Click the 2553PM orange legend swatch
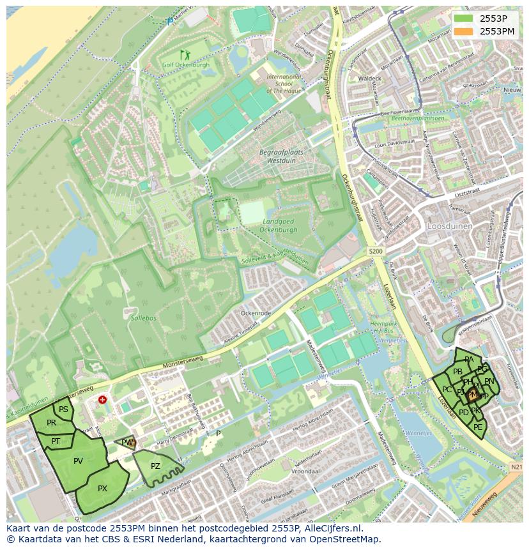464,31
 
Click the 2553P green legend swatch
464,19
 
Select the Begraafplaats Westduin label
281,157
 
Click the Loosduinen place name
450,226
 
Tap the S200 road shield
376,252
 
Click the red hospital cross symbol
103,400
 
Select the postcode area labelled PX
102,489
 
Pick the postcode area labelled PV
78,461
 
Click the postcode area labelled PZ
155,466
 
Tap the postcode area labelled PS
63,409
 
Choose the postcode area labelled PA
469,359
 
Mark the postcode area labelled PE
478,427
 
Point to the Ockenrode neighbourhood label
256,314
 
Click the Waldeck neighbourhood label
370,79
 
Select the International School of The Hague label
284,84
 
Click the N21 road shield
516,468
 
